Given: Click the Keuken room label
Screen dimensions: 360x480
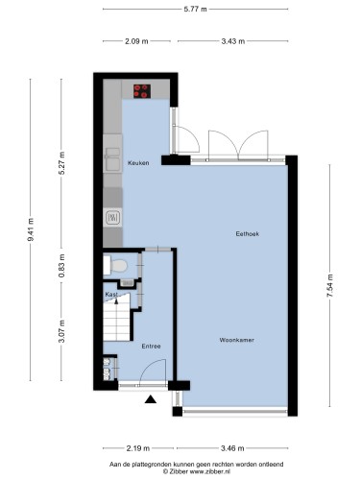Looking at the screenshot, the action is pyautogui.click(x=138, y=163).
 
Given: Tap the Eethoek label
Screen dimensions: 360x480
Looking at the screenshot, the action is pyautogui.click(x=248, y=234).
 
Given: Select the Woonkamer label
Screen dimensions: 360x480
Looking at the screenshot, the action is pyautogui.click(x=237, y=340).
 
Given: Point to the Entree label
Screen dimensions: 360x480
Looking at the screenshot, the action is pyautogui.click(x=151, y=347).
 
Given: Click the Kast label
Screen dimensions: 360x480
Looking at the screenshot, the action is pyautogui.click(x=111, y=294).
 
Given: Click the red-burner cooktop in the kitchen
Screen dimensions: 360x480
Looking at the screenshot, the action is pyautogui.click(x=142, y=91).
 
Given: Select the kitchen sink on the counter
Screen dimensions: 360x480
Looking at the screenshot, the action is pyautogui.click(x=112, y=159).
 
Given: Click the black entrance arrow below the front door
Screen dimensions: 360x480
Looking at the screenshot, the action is pyautogui.click(x=151, y=399).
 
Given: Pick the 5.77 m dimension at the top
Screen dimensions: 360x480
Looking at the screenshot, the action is pyautogui.click(x=195, y=9).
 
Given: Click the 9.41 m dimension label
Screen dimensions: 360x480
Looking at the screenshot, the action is pyautogui.click(x=31, y=229).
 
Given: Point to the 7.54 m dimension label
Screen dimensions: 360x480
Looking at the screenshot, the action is pyautogui.click(x=330, y=286).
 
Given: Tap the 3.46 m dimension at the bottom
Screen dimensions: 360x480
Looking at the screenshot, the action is pyautogui.click(x=232, y=448).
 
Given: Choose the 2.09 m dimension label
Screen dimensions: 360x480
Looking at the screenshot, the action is pyautogui.click(x=136, y=41).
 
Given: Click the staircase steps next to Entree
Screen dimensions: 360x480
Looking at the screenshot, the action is pyautogui.click(x=116, y=321).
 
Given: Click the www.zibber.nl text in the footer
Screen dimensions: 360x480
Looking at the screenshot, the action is pyautogui.click(x=210, y=471).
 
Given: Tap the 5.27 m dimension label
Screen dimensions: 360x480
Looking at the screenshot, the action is pyautogui.click(x=61, y=163).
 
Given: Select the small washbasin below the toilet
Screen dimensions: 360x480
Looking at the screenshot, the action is pyautogui.click(x=128, y=282).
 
